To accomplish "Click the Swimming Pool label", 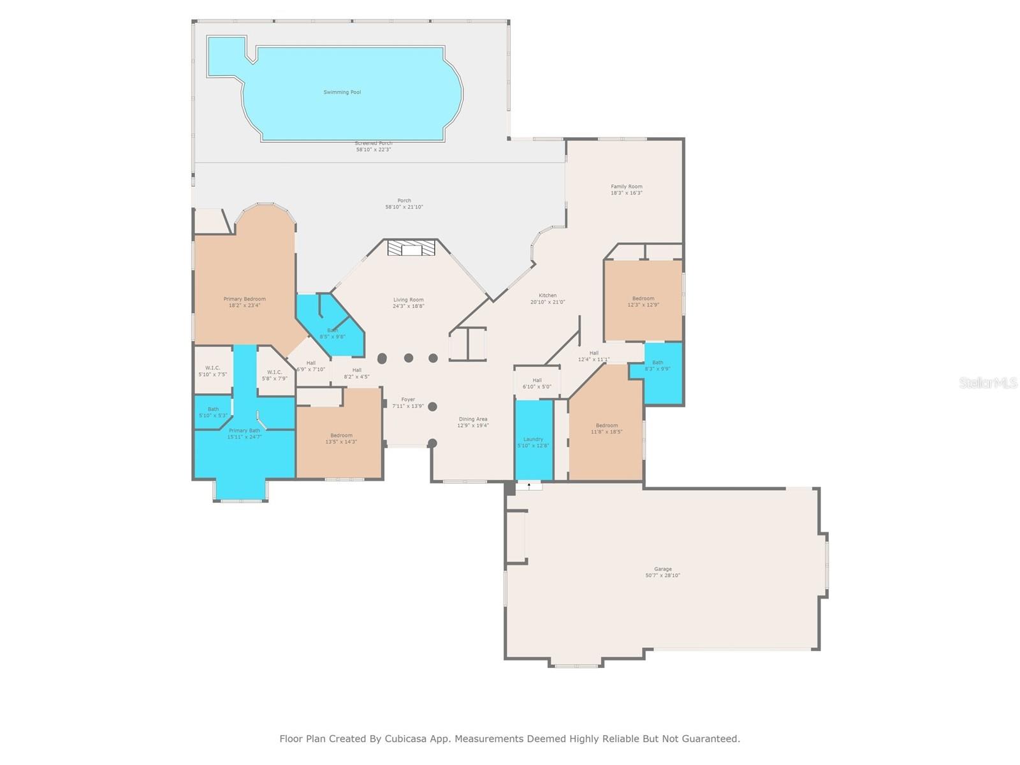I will (342, 92).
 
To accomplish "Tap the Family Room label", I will (626, 187).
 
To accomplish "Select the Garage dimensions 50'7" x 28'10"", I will (662, 576).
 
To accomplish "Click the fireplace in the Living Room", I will (411, 248).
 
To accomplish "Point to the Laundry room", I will (533, 440).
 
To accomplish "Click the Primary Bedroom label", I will (244, 299).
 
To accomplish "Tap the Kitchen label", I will (547, 296).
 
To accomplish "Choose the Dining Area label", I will (472, 419).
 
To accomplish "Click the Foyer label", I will (408, 400).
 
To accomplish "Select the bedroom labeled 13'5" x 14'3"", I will (341, 439).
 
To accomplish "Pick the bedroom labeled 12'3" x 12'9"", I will (643, 302).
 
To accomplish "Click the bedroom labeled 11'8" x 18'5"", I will (606, 428).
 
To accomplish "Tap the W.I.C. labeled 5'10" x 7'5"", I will (212, 371).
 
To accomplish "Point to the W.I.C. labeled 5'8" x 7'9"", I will (274, 375).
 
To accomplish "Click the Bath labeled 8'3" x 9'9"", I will (657, 365).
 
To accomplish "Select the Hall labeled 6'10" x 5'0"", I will (537, 383).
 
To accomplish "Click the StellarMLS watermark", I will (988, 383).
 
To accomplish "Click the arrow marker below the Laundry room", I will (528, 486).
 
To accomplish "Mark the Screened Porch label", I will (374, 143).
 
